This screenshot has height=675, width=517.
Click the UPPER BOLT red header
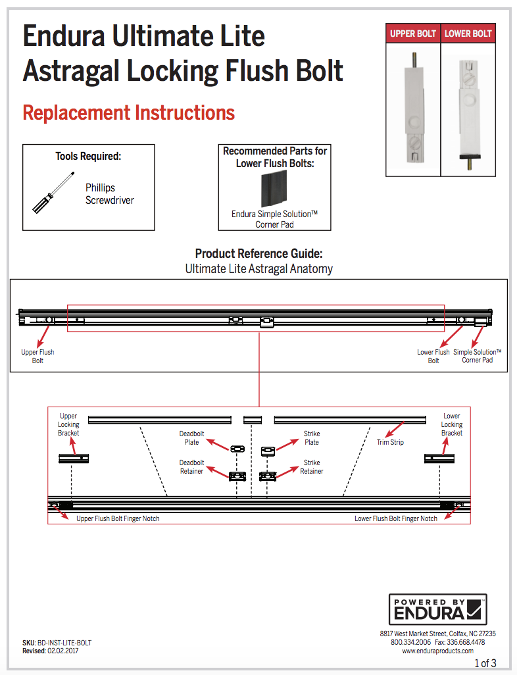coord(413,34)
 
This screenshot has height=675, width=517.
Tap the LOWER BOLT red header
coord(468,34)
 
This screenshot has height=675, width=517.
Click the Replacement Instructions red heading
coord(129,113)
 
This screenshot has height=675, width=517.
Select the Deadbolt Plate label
coord(191,438)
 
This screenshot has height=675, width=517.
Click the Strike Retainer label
coord(312,467)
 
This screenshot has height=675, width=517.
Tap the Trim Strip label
coord(390,442)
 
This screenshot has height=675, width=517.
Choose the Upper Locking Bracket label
coord(68,424)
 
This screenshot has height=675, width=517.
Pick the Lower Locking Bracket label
coord(452,424)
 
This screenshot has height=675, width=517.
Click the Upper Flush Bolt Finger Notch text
coord(118,518)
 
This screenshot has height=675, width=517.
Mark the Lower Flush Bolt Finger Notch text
coord(396,518)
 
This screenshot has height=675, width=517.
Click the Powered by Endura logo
coord(437,609)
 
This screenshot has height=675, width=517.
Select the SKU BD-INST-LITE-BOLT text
coord(57,642)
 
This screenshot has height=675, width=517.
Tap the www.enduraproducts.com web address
coord(437,651)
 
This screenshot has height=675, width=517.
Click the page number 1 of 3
coord(485,662)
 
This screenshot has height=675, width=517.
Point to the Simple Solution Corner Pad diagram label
coord(477,356)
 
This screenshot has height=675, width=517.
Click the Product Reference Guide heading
coord(258,254)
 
